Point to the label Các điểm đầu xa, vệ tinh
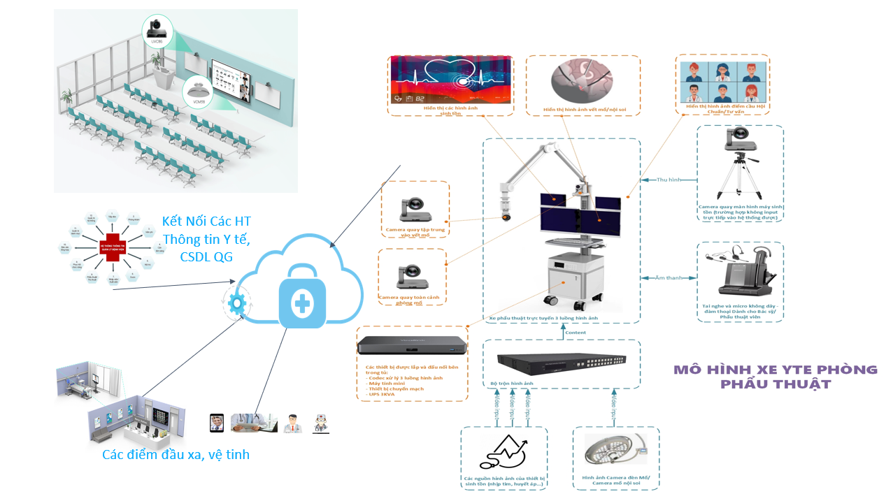[176, 455]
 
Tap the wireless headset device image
[740, 273]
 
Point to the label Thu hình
[669, 180]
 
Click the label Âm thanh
[669, 278]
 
